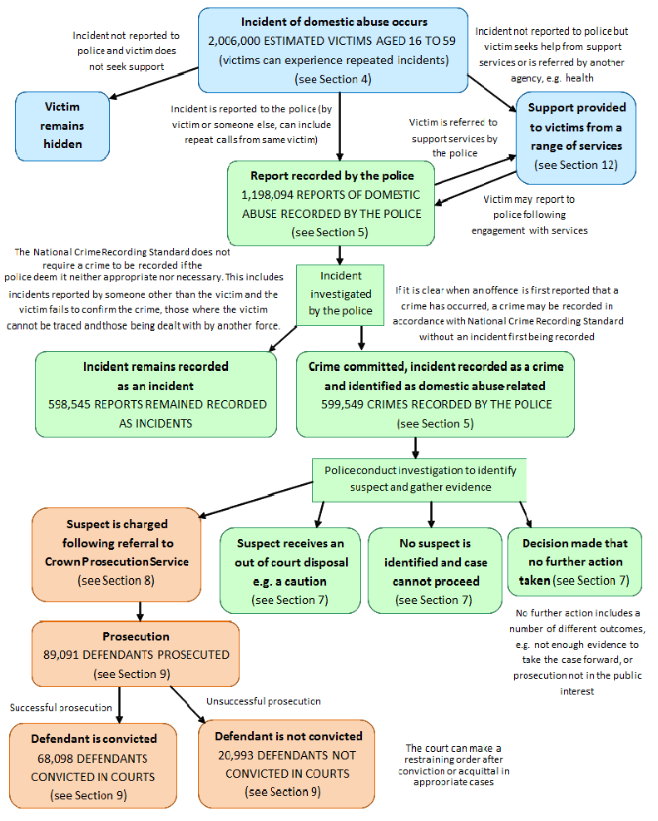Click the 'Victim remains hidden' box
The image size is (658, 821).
(62, 126)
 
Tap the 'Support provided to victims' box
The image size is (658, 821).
(576, 136)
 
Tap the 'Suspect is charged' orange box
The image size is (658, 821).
(116, 553)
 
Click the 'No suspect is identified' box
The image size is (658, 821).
(433, 571)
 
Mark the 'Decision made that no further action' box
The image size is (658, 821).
(575, 561)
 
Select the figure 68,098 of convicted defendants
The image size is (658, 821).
(61, 758)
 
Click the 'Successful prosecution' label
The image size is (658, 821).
(61, 707)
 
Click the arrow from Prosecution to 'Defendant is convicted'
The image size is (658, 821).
(121, 705)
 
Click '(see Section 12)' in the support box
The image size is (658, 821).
(576, 165)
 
